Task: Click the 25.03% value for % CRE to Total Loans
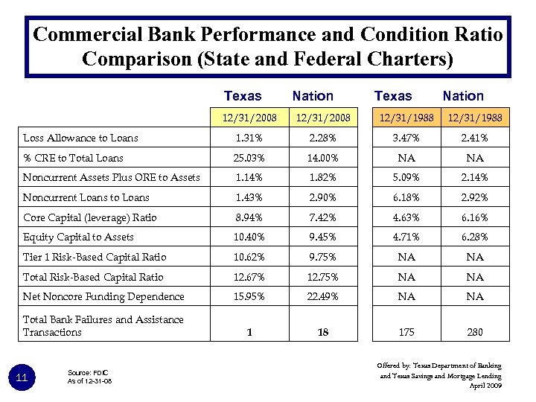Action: click(x=249, y=158)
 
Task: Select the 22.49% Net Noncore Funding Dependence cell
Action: click(x=322, y=296)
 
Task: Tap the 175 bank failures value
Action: click(x=406, y=332)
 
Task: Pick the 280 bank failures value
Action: click(x=474, y=332)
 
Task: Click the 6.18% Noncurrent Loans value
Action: click(x=406, y=197)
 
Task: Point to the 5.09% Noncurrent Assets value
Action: click(x=406, y=177)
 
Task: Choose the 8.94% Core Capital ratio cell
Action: click(x=249, y=217)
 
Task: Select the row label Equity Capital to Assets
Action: click(x=78, y=237)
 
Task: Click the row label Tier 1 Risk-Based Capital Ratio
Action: click(x=95, y=257)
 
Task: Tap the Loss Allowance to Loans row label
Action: click(x=80, y=138)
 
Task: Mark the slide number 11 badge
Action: click(x=22, y=378)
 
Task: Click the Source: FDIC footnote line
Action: click(x=87, y=372)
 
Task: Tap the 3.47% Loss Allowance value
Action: click(x=406, y=138)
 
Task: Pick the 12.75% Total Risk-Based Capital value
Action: click(x=322, y=277)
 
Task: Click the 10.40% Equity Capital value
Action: click(x=249, y=237)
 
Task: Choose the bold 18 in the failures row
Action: click(x=322, y=332)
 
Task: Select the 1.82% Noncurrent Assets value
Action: click(x=322, y=177)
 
